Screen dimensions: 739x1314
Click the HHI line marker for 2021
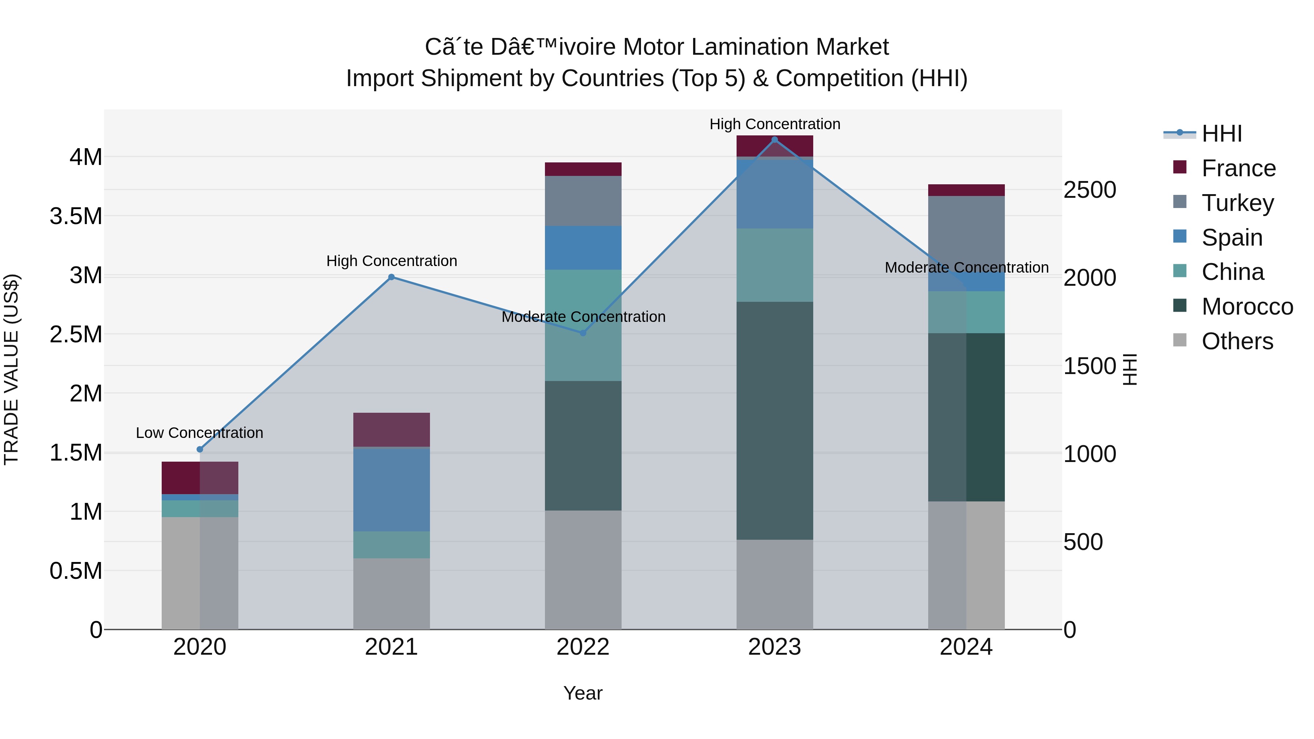coord(391,277)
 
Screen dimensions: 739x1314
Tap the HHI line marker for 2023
coord(774,140)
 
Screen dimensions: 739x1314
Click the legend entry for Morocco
coord(1247,307)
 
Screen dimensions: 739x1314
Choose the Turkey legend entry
coord(1237,203)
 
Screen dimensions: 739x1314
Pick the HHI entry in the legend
coord(1221,134)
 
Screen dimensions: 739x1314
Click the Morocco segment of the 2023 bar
coord(774,421)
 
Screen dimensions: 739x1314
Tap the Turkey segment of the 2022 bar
coord(583,201)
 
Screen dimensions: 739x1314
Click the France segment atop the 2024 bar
coord(966,190)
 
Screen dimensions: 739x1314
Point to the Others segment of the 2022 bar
coord(583,570)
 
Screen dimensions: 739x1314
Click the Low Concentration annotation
coord(199,432)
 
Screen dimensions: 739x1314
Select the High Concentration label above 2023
coord(774,124)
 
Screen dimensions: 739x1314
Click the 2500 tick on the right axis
coord(1090,190)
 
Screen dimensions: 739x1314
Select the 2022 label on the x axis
coord(583,647)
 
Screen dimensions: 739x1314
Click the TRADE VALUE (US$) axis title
coord(11,369)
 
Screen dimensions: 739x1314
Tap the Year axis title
coord(583,693)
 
